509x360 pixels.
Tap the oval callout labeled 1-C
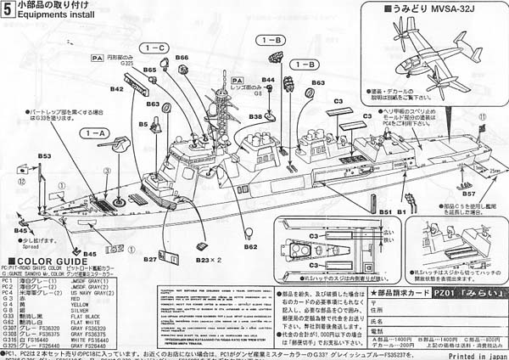pos(158,48)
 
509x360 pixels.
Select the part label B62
pos(250,247)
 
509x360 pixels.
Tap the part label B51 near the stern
pos(385,211)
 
